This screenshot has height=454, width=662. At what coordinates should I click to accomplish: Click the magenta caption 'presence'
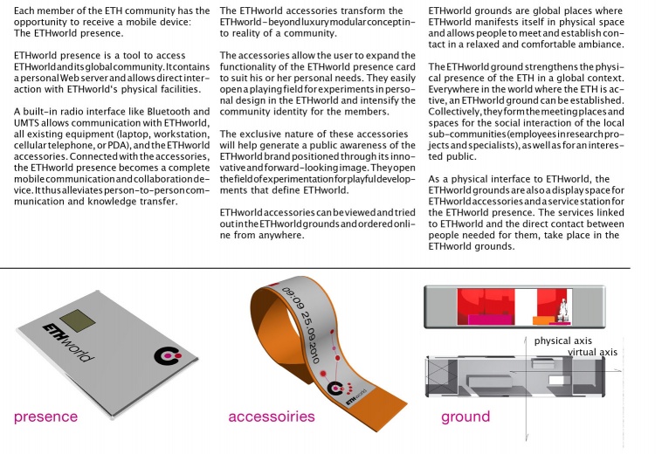pos(45,416)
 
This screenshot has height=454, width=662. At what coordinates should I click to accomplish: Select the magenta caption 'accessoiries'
pos(272,416)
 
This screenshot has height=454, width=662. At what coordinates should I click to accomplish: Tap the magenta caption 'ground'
pos(465,416)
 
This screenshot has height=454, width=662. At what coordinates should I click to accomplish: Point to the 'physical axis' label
pos(564,340)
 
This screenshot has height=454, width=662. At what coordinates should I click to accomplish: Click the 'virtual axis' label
pos(592,352)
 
